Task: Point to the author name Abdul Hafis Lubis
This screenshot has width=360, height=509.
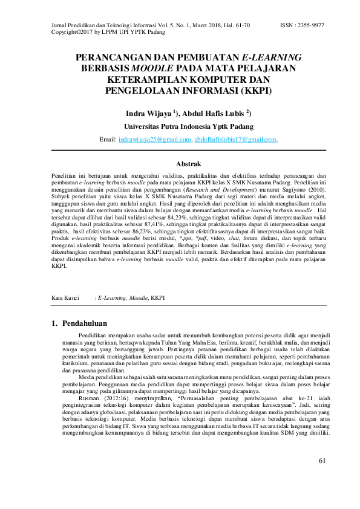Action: [215, 114]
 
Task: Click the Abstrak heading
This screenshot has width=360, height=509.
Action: [188, 163]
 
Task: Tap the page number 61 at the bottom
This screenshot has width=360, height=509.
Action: [322, 478]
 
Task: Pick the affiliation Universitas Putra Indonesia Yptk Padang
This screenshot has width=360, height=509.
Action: [189, 127]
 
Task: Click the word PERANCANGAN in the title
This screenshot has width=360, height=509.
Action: [114, 57]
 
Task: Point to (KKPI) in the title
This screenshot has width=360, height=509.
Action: [257, 91]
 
